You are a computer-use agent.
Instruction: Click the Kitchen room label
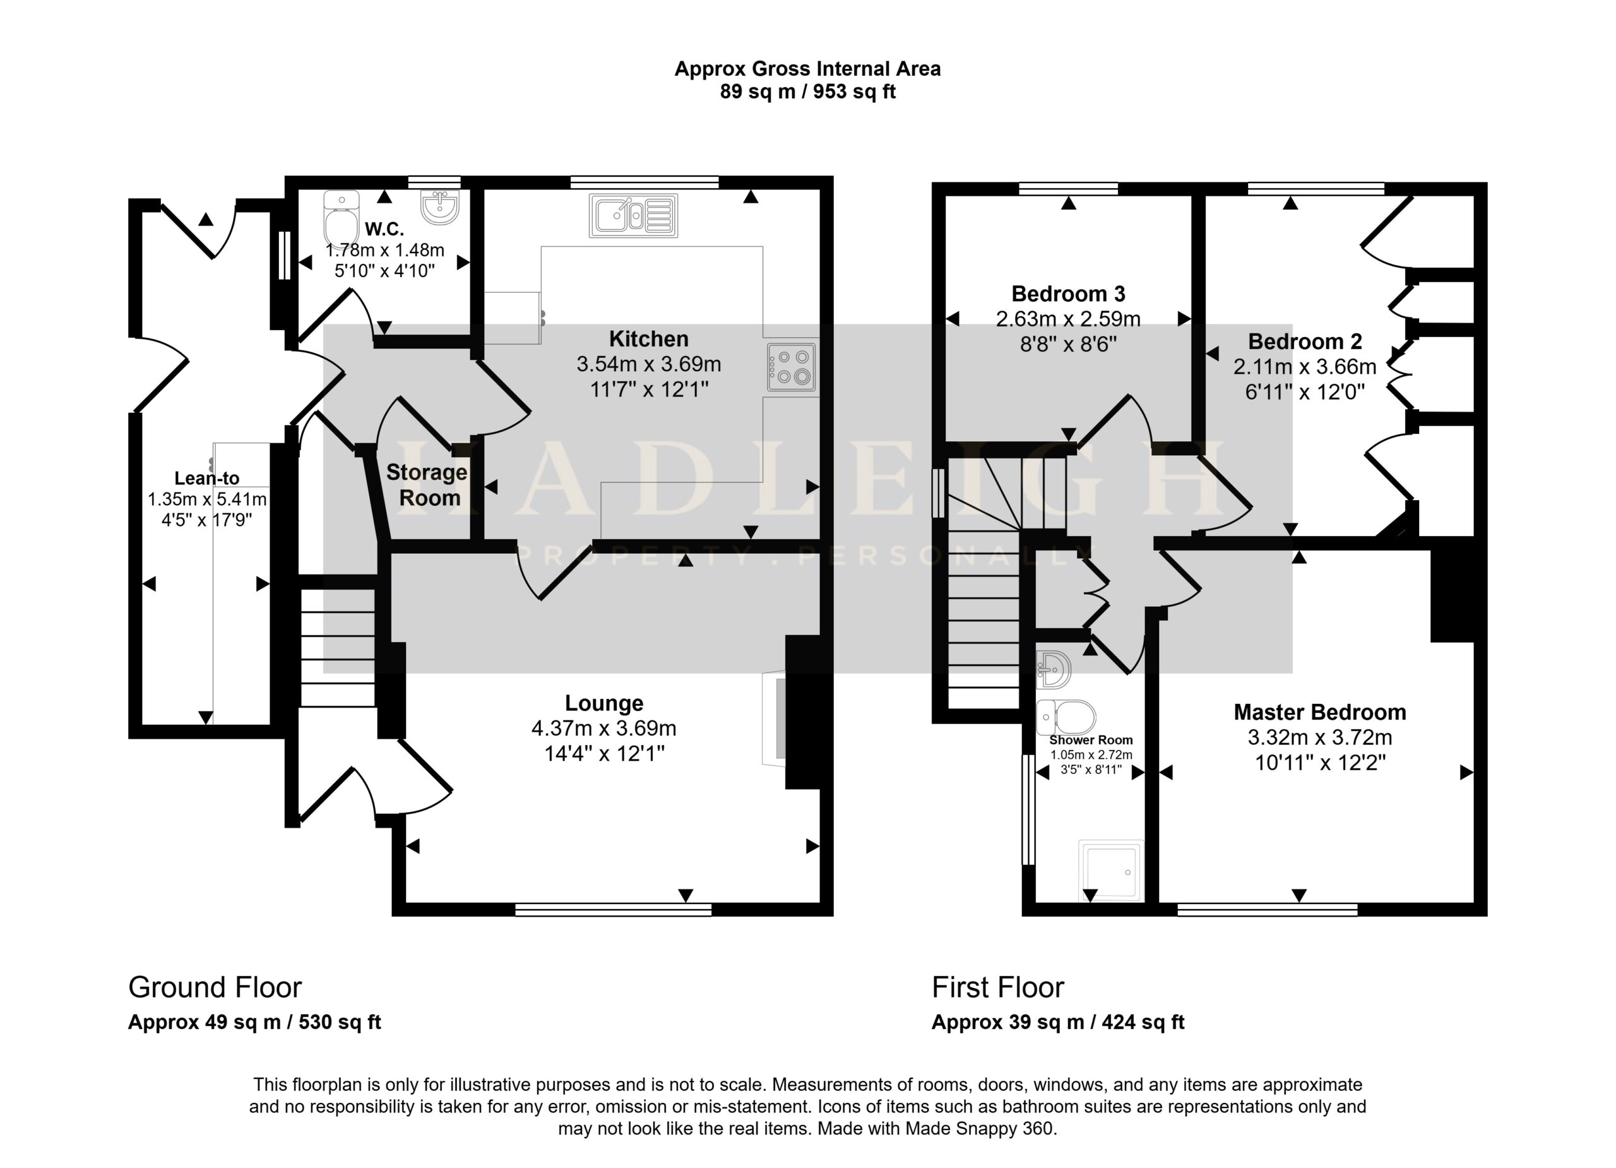(648, 338)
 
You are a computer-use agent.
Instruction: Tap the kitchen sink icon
(633, 215)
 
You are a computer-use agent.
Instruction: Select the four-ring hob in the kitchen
(792, 366)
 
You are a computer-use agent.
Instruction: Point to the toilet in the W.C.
(342, 218)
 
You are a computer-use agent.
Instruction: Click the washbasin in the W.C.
(441, 206)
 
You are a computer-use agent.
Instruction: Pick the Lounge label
(604, 703)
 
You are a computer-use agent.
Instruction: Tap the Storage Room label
(427, 485)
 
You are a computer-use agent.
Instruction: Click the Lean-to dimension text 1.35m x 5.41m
(207, 499)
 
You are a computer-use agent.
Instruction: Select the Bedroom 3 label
(1068, 294)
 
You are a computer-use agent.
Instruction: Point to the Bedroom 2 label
(1305, 342)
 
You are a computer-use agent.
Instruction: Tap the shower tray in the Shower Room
(1111, 871)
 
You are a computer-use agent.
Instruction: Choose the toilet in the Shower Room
(1066, 717)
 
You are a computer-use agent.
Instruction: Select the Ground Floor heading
(215, 987)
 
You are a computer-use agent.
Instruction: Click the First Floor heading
(998, 987)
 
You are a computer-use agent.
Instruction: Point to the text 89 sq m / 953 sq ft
(807, 92)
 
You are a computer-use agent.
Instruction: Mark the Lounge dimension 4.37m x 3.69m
(604, 729)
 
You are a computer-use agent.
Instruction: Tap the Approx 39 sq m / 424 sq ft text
(1058, 1023)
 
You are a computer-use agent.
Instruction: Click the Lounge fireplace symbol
(775, 718)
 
